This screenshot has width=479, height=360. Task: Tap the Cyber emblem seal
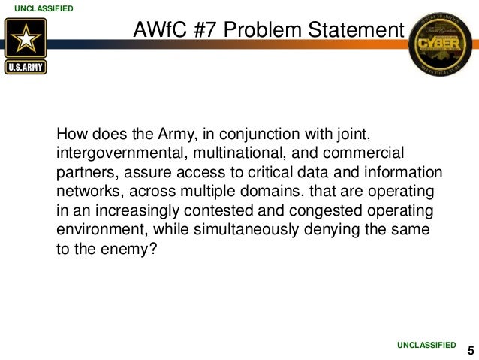(441, 44)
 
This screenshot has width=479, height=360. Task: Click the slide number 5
(470, 350)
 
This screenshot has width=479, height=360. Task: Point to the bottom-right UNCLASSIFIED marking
(426, 344)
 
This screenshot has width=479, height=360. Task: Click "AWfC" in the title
(157, 30)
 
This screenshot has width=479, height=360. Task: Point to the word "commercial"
(362, 153)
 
